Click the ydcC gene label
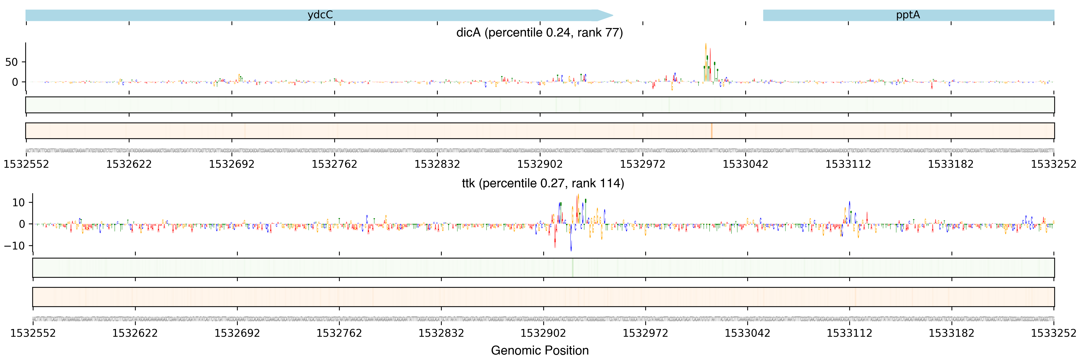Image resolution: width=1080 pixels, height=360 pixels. (x=320, y=15)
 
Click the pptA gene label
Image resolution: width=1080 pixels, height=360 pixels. (x=908, y=15)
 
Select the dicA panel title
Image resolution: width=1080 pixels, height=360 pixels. (x=539, y=33)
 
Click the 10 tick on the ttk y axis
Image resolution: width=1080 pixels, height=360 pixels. (x=18, y=203)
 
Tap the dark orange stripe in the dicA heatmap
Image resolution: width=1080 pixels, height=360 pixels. (x=711, y=131)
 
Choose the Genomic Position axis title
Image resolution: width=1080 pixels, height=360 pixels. (x=539, y=350)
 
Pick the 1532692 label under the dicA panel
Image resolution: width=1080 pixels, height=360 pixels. (x=231, y=164)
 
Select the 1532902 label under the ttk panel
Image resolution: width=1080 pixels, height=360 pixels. (x=543, y=333)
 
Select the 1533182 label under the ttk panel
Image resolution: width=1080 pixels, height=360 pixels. (x=951, y=333)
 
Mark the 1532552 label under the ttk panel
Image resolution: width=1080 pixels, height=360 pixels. (x=33, y=333)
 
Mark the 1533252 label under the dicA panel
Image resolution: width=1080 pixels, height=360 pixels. (x=1053, y=164)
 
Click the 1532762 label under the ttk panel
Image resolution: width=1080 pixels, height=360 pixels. (x=339, y=333)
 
